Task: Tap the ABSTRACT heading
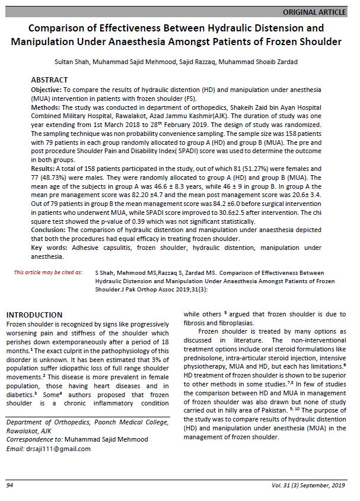pos(49,80)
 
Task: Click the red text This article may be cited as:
pos(48,272)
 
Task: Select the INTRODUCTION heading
pos(34,315)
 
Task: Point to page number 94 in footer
pos(10,486)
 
